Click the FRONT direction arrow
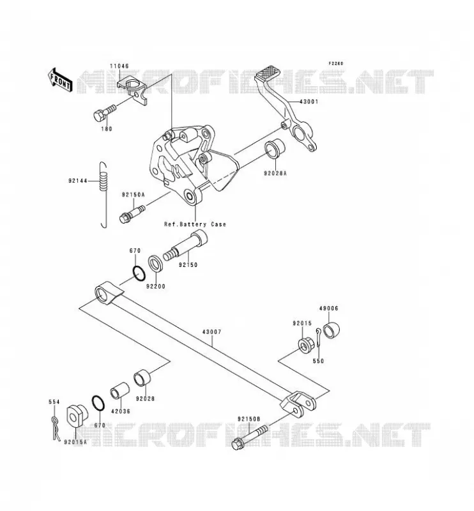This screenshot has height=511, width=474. point(59,80)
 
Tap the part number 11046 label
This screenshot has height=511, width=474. point(119,66)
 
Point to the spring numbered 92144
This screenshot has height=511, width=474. point(103,195)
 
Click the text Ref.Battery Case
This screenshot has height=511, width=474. point(195,224)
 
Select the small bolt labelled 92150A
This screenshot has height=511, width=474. point(132,212)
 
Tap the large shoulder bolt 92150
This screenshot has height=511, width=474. point(185,245)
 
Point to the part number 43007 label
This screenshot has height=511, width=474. point(212,332)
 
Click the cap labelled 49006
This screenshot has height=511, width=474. point(331,329)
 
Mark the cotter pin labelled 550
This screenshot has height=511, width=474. point(319,340)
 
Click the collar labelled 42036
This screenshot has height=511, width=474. point(119,390)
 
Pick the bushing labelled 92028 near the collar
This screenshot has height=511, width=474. point(143,378)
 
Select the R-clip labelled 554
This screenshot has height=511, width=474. point(56,428)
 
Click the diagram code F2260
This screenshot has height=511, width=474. point(336,63)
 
